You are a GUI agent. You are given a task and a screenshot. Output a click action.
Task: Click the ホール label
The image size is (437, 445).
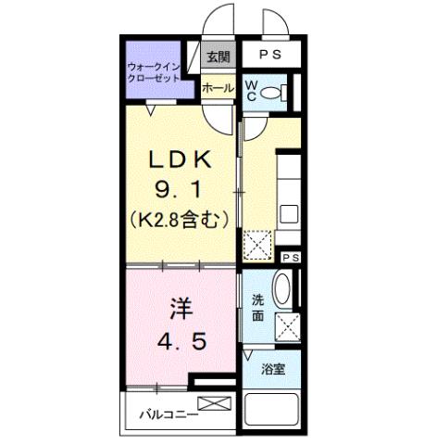[x=218, y=88]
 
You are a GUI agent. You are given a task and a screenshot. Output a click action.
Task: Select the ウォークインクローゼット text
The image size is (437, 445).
[x=156, y=73]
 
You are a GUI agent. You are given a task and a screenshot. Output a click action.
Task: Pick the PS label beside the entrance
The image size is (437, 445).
[x=270, y=56]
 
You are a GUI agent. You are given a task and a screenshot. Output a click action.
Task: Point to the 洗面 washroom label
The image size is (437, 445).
[x=258, y=307]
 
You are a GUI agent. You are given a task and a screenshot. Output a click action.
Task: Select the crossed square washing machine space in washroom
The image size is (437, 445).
[x=288, y=327]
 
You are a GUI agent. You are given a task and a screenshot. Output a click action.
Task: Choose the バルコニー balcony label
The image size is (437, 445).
[x=169, y=413]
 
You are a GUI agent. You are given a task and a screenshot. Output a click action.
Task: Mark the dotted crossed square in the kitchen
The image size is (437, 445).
[x=258, y=245]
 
